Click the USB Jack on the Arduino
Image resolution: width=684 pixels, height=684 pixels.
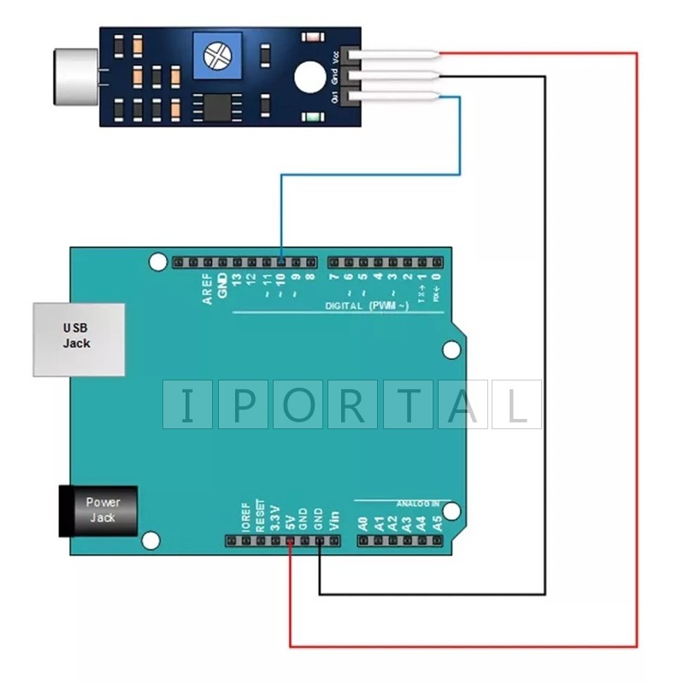79,339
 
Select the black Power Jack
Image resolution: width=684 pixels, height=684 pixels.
97,510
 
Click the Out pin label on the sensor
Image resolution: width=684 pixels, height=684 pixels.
334,97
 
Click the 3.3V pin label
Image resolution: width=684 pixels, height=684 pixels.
275,516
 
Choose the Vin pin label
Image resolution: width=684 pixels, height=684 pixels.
333,519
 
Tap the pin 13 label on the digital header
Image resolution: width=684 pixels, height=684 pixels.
236,278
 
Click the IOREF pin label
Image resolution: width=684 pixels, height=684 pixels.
245,516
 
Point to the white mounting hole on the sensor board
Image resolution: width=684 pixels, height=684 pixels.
305,76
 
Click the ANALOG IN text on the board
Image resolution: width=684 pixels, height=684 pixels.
417,504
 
